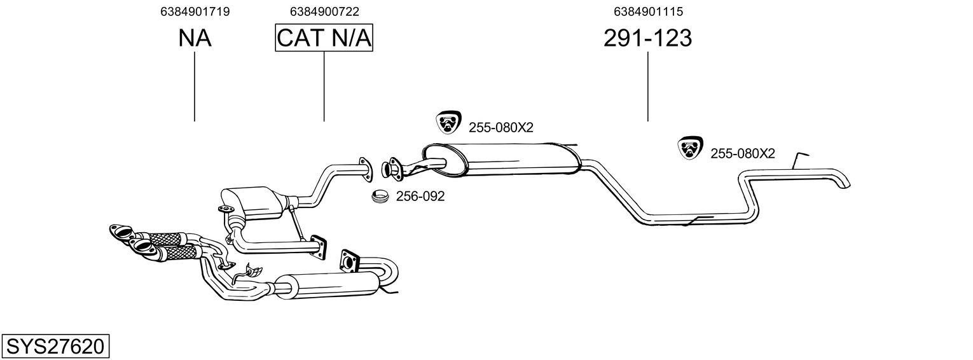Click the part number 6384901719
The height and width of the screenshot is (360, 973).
click(195, 11)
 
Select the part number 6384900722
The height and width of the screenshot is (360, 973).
click(324, 11)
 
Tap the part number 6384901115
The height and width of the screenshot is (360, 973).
click(648, 11)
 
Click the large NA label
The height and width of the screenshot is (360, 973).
click(195, 39)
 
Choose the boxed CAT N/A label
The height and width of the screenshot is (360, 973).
click(324, 39)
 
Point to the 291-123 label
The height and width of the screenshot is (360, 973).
click(647, 39)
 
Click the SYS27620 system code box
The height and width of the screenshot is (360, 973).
click(55, 347)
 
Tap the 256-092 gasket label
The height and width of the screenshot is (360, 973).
click(420, 197)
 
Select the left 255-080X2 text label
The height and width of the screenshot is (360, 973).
click(500, 127)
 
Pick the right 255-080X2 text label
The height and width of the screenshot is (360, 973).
click(742, 153)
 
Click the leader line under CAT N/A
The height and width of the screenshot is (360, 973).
click(324, 86)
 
